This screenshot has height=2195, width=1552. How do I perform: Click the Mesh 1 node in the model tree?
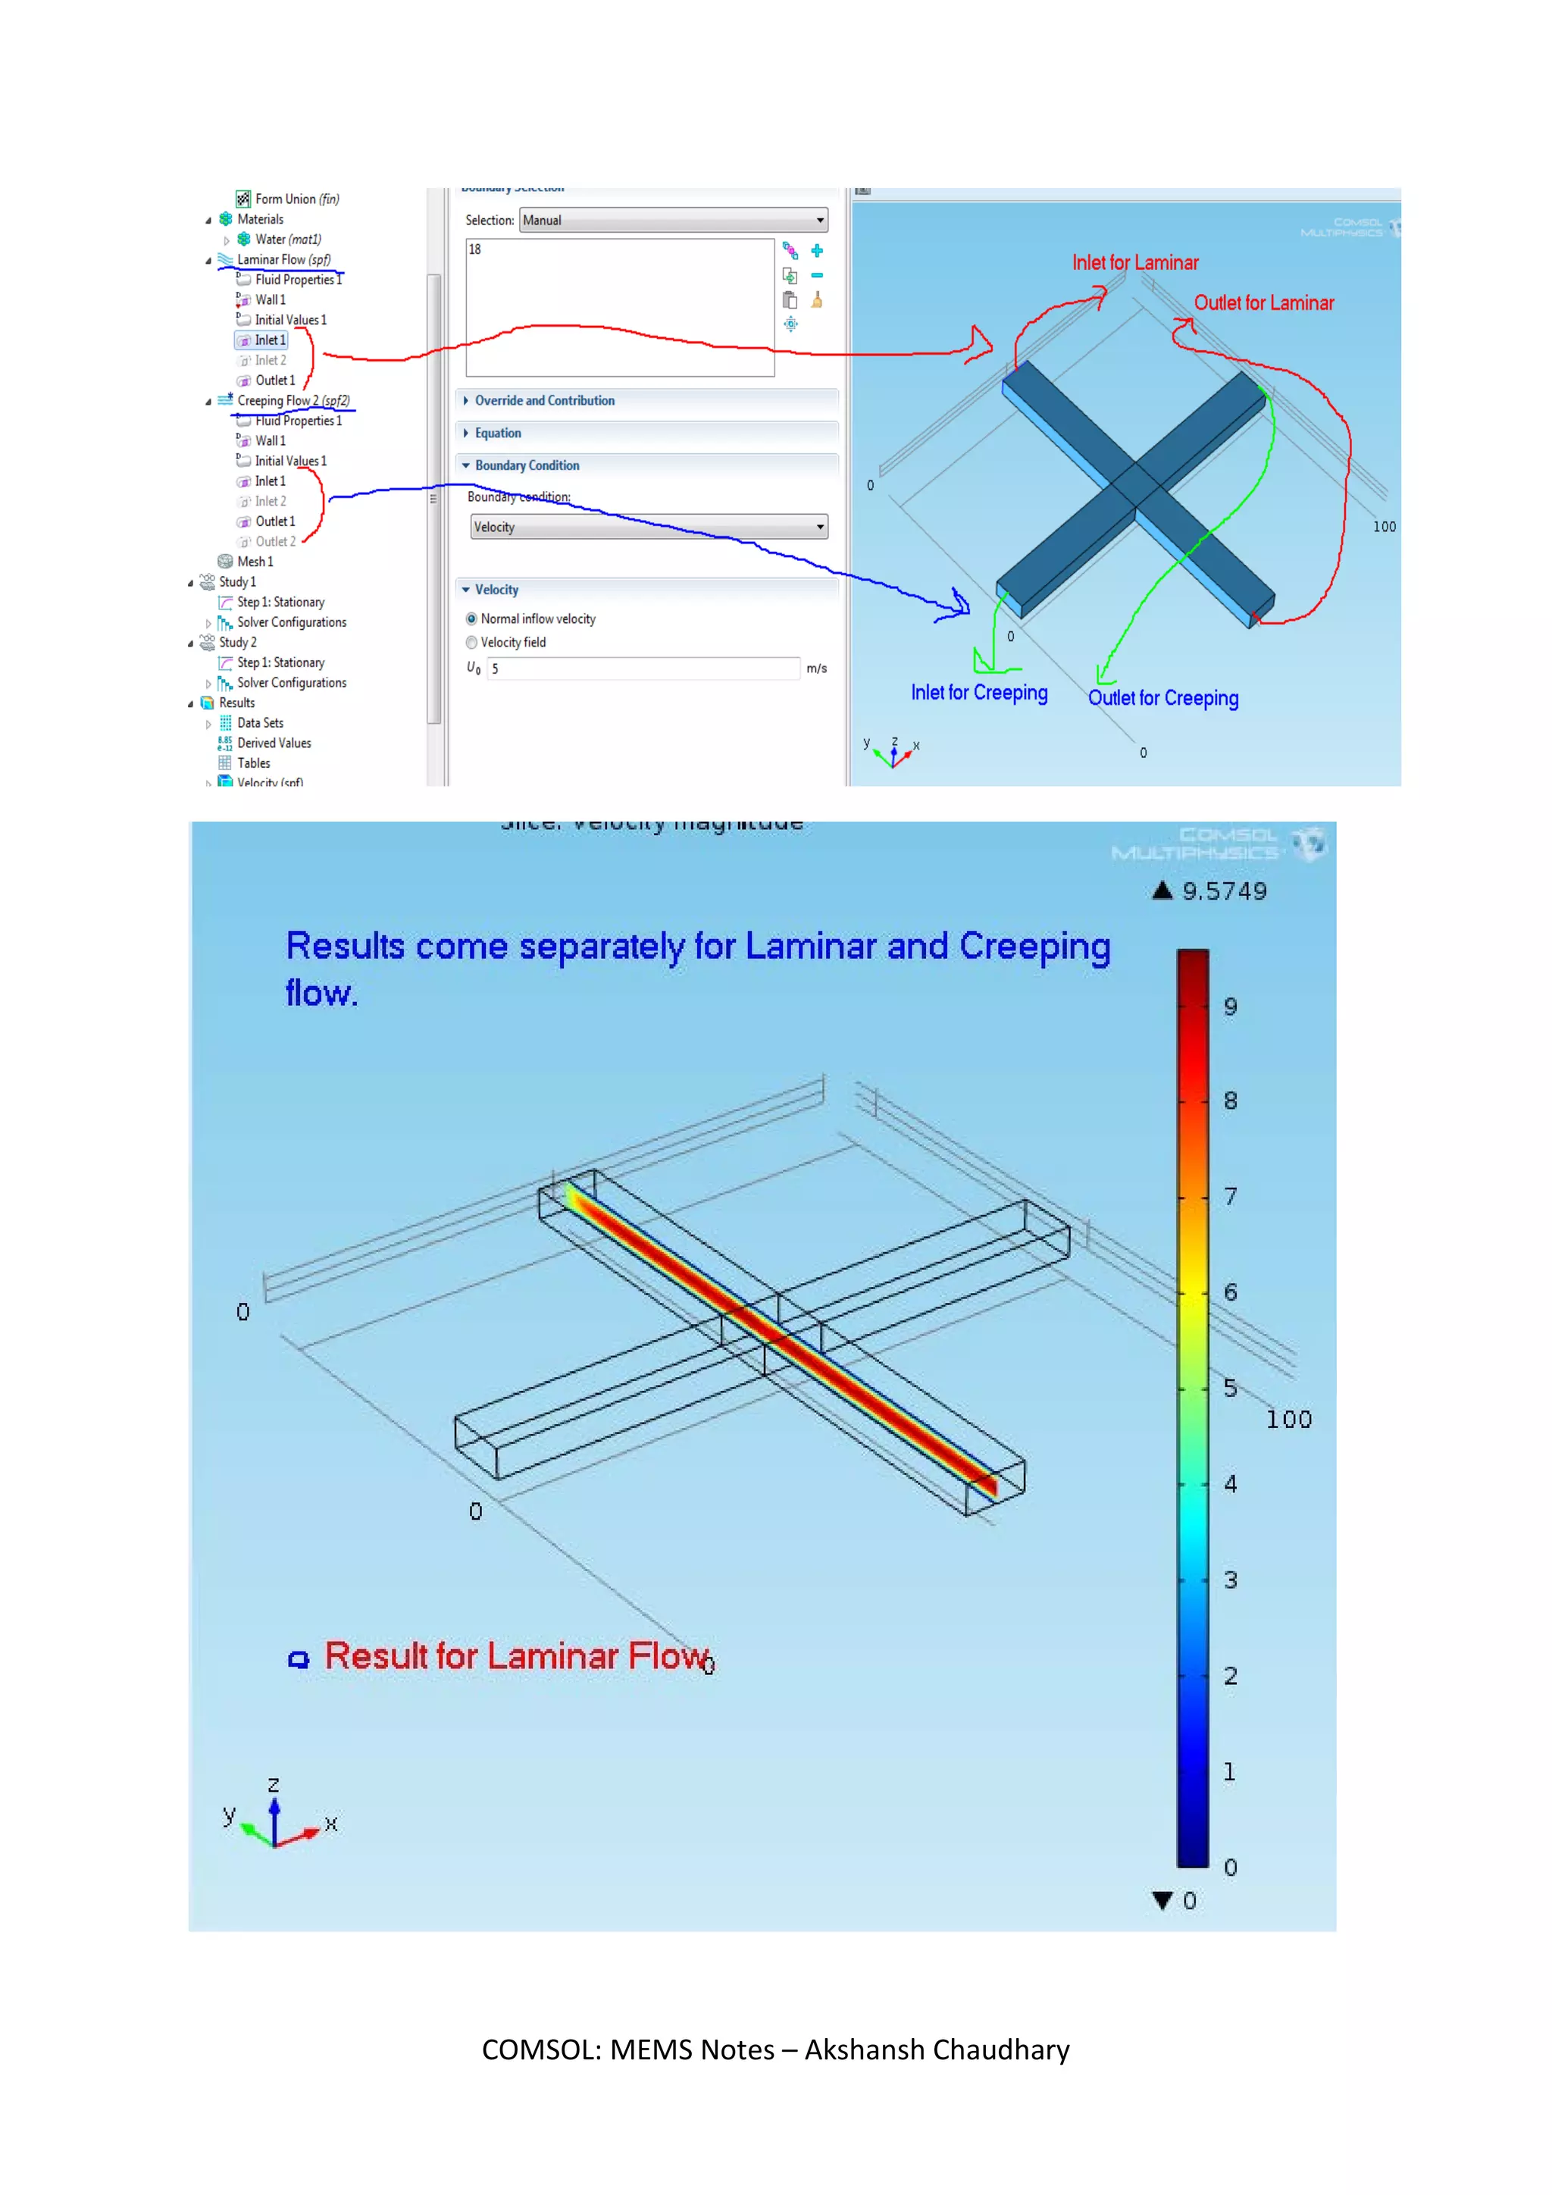point(254,561)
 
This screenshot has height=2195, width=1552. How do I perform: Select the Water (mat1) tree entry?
point(286,239)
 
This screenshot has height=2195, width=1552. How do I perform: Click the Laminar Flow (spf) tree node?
point(283,259)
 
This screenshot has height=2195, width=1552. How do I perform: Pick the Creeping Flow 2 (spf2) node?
point(293,400)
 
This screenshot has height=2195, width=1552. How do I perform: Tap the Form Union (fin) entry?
point(296,199)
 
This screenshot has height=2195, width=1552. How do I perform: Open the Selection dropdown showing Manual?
point(673,220)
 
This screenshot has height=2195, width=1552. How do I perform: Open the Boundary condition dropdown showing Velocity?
point(649,527)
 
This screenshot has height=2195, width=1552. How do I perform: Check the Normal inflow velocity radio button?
point(472,618)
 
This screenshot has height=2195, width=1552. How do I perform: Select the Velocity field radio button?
point(472,643)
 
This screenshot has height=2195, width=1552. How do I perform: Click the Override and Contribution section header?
point(544,400)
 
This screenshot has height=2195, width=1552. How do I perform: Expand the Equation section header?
point(498,433)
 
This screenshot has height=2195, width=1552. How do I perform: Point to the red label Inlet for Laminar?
point(1134,263)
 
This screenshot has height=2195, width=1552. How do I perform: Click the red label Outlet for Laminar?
point(1263,303)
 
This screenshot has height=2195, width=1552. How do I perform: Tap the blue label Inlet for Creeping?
point(978,692)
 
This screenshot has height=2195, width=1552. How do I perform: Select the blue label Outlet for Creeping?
point(1163,698)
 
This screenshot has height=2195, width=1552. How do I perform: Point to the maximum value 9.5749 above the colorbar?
point(1223,891)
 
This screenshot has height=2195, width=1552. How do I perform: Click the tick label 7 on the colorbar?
point(1231,1196)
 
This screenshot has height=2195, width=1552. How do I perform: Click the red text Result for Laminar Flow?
point(517,1656)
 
